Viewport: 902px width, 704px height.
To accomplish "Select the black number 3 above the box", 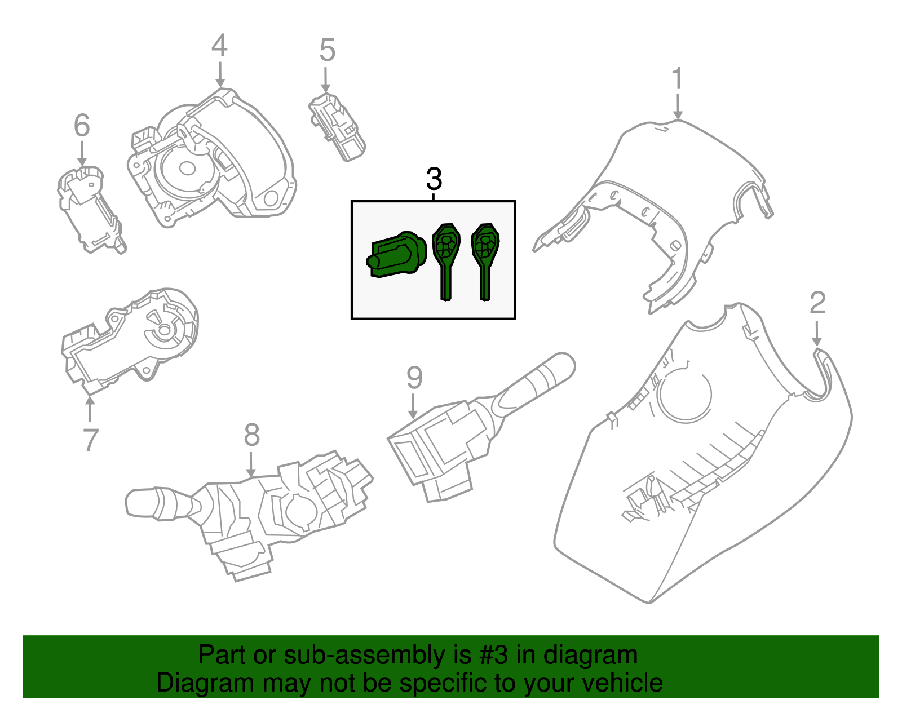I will coord(434,179).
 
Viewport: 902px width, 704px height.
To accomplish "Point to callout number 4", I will coord(219,46).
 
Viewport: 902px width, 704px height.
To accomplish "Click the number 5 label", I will coord(327,50).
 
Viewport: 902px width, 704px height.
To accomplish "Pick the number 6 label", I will coord(82,125).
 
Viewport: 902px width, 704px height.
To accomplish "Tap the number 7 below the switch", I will coord(90,440).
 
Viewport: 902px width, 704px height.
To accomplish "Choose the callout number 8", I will coord(251,435).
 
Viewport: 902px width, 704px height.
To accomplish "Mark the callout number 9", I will coord(414,378).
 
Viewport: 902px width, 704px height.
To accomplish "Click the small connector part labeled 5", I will coord(337,127).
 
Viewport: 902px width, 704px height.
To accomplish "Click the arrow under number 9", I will coord(414,406).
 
